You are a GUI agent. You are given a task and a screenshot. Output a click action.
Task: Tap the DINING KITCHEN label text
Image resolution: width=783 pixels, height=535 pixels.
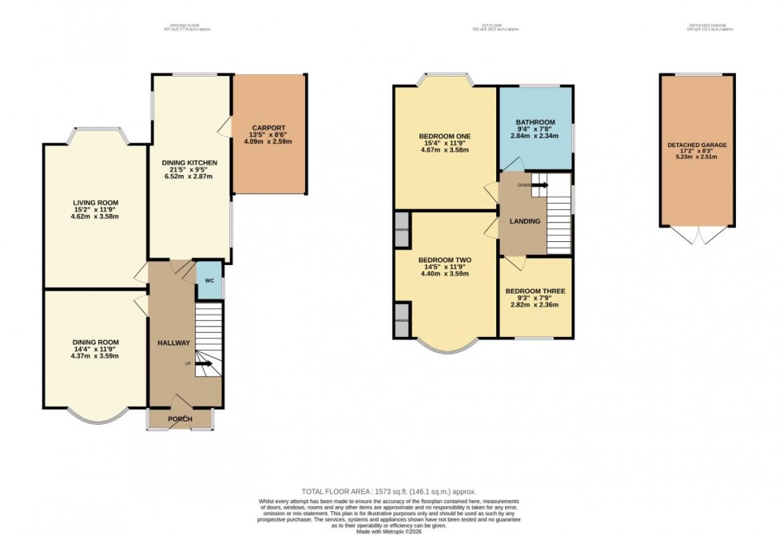190,163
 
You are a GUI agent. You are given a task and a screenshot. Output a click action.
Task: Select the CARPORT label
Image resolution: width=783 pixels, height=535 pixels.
268,127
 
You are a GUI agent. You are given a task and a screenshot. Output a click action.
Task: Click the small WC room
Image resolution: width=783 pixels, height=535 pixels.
209,281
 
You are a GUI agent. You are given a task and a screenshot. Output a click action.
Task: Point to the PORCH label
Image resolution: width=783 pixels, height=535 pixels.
180,419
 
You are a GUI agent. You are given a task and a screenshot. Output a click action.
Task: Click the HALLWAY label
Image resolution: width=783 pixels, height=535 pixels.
173,343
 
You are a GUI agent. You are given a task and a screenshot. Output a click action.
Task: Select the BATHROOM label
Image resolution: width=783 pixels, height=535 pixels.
535,122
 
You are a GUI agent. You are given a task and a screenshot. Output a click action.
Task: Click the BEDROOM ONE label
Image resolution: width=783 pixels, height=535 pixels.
444,137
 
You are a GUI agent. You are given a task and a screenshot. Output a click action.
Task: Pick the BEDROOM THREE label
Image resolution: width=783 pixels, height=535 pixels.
535,291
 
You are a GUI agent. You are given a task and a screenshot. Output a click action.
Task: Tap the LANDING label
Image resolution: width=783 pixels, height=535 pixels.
523,221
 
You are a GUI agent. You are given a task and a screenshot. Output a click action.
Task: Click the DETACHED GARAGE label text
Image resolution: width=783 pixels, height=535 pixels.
697,145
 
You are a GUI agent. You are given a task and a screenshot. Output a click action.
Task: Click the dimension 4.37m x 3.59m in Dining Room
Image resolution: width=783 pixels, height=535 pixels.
95,355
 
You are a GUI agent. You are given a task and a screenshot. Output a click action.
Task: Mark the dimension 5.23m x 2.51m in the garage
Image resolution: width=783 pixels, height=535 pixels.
697,157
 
